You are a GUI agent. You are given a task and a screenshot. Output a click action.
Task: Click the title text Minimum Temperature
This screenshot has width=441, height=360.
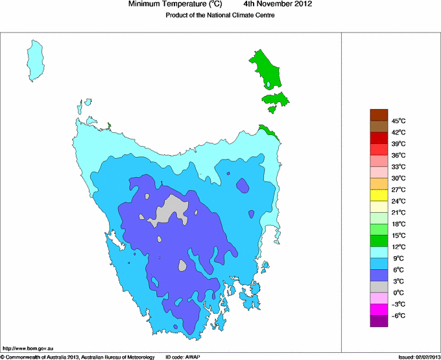[175, 5]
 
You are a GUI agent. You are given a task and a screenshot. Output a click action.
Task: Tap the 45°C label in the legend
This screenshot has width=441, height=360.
[398, 121]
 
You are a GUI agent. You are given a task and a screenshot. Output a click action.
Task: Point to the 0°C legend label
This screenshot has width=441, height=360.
[398, 293]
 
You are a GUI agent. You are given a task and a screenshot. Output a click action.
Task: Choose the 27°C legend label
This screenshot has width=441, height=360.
[398, 189]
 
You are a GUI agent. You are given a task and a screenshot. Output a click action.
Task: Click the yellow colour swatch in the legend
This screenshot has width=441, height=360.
[379, 195]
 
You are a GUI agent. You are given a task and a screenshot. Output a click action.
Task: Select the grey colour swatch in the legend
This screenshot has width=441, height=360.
[379, 287]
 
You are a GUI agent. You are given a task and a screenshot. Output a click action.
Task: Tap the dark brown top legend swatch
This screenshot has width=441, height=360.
[379, 115]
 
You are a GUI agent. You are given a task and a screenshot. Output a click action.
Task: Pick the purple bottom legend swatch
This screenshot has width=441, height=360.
[379, 320]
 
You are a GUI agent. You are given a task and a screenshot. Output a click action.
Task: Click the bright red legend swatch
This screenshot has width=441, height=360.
[379, 138]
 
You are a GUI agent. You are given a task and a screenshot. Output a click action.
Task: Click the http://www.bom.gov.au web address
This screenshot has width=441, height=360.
[28, 349]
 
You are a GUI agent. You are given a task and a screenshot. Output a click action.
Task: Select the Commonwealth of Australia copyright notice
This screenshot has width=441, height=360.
[78, 356]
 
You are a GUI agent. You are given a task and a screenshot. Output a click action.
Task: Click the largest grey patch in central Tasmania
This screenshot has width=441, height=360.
[171, 210]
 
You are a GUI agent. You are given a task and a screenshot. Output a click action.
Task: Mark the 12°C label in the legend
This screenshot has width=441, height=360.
[398, 246]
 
